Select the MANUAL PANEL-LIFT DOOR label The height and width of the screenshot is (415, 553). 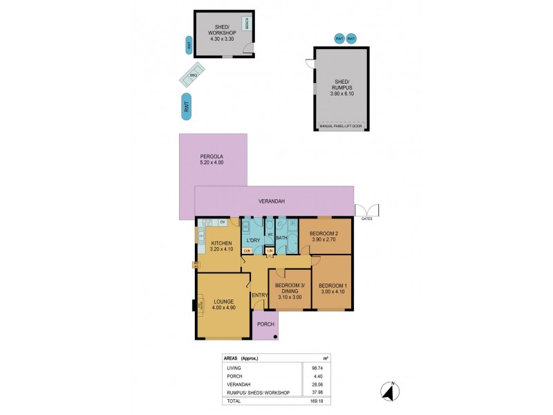tap(341, 127)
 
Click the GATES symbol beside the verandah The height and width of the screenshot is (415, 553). tap(367, 211)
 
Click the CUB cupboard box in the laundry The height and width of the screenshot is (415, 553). tap(247, 250)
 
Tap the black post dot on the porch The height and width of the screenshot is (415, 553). tap(276, 336)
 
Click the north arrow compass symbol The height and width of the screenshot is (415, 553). tap(390, 392)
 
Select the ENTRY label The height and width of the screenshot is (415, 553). tap(259, 295)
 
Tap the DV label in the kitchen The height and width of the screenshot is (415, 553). tap(222, 223)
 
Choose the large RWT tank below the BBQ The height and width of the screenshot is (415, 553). tap(187, 107)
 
